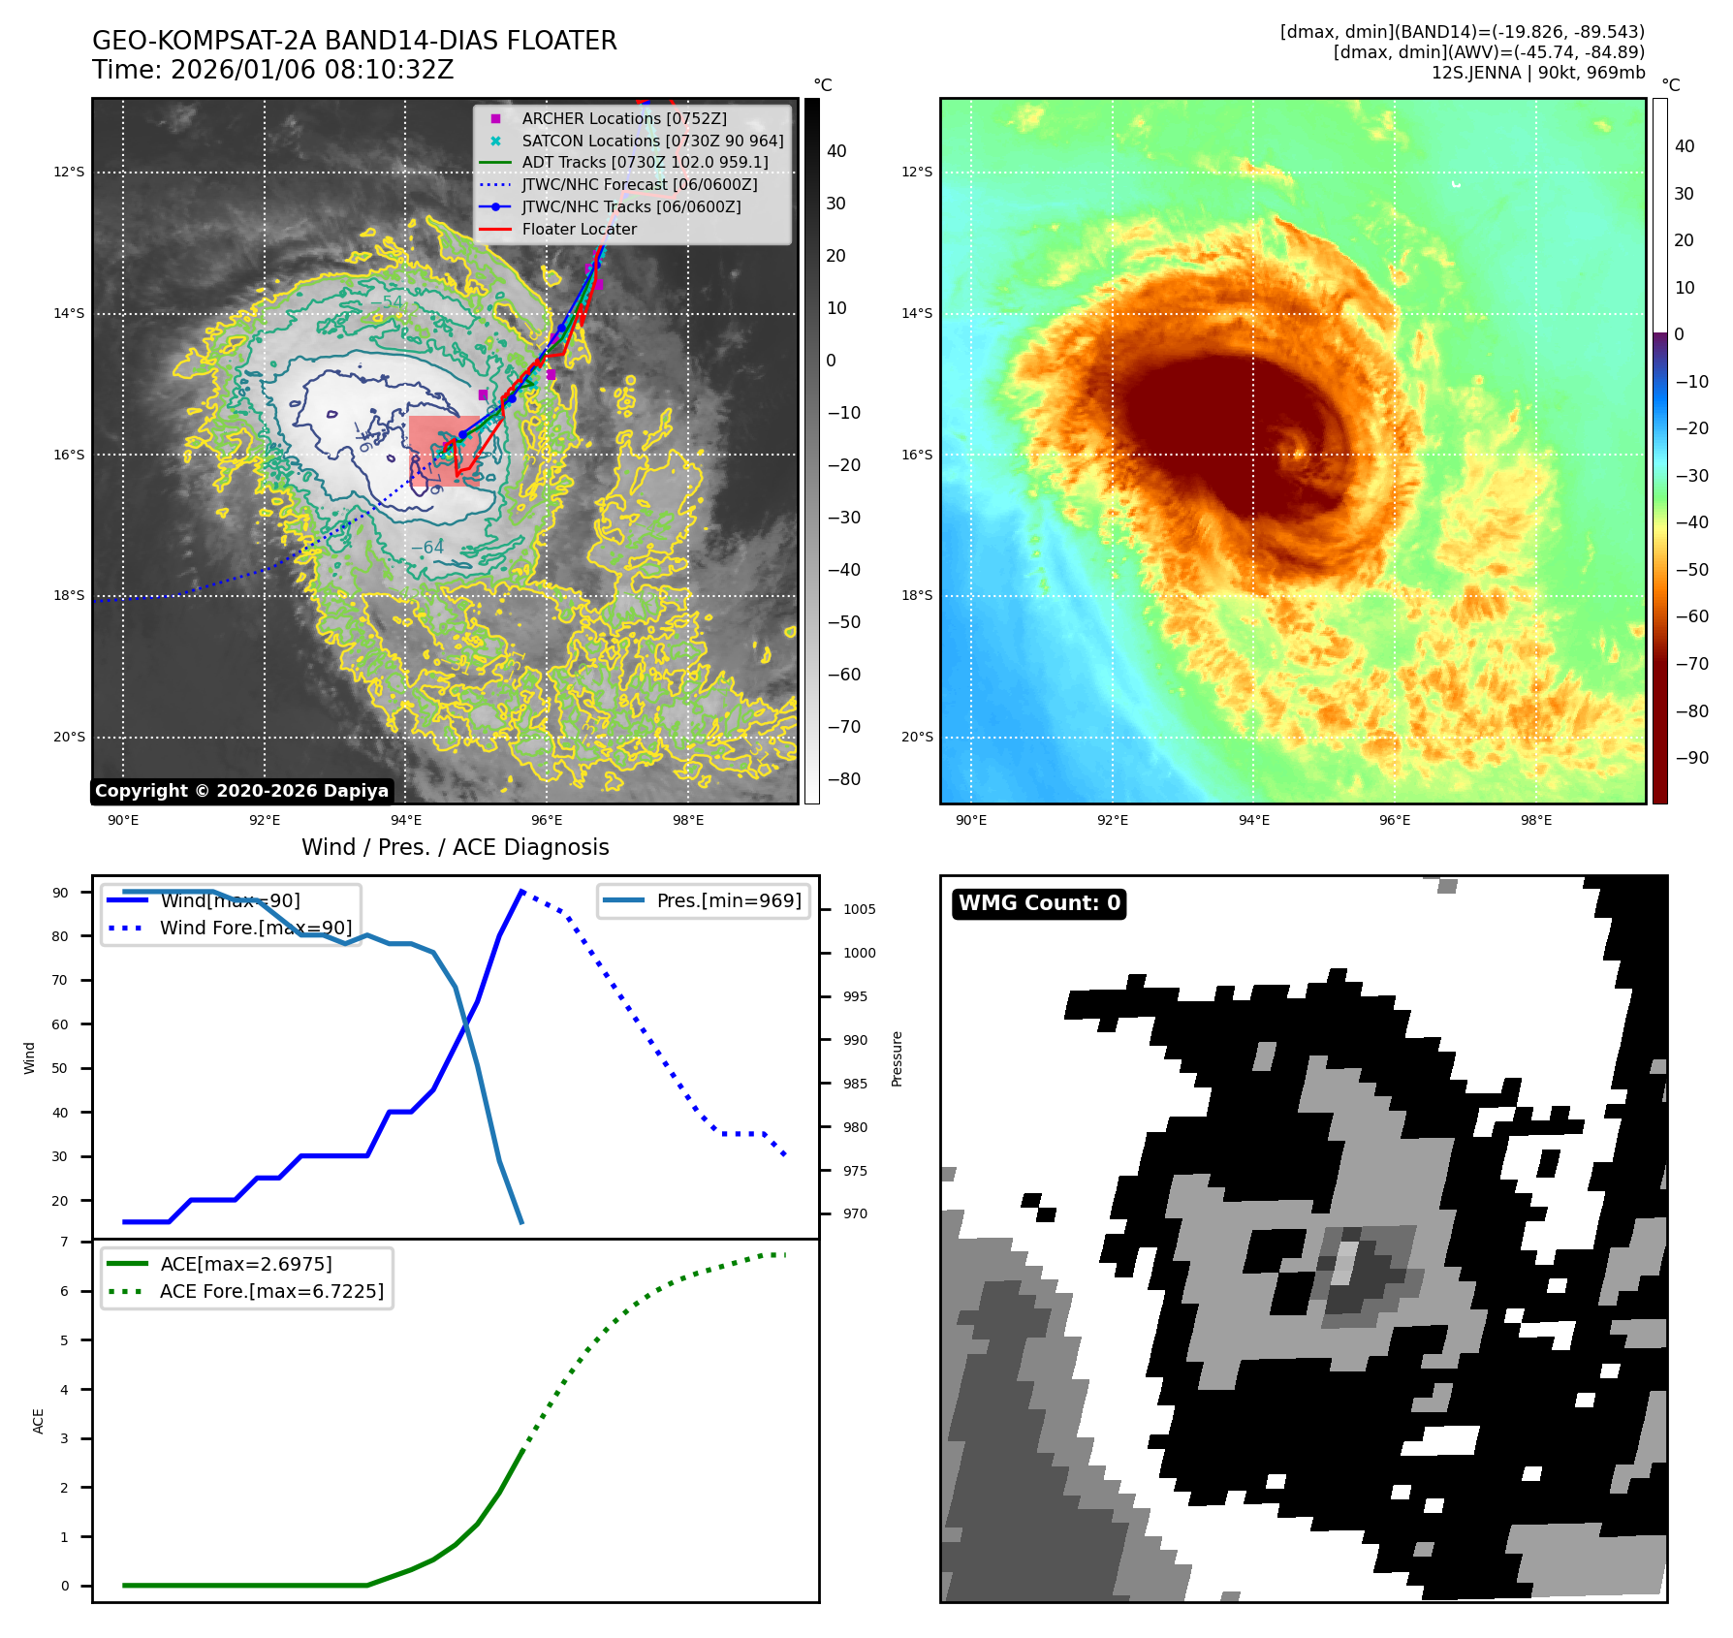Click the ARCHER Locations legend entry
pyautogui.click(x=623, y=118)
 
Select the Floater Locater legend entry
pyautogui.click(x=579, y=229)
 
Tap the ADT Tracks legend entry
pyautogui.click(x=645, y=162)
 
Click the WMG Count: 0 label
pyautogui.click(x=1039, y=903)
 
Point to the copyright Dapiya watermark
pyautogui.click(x=241, y=791)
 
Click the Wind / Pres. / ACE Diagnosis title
pyautogui.click(x=455, y=847)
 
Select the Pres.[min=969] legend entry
pyautogui.click(x=729, y=900)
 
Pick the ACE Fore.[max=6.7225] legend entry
pyautogui.click(x=271, y=1291)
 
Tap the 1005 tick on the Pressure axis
pyautogui.click(x=859, y=909)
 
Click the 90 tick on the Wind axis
pyautogui.click(x=61, y=893)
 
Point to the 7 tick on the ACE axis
pyautogui.click(x=65, y=1242)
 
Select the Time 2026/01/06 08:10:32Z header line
pyautogui.click(x=272, y=70)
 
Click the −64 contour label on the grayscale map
pyautogui.click(x=426, y=548)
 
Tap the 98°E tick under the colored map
pyautogui.click(x=1535, y=820)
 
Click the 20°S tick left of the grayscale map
pyautogui.click(x=69, y=737)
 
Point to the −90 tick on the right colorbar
pyautogui.click(x=1691, y=758)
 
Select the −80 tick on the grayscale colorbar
pyautogui.click(x=843, y=779)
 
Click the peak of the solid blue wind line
pyautogui.click(x=521, y=891)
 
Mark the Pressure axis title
pyautogui.click(x=897, y=1058)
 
